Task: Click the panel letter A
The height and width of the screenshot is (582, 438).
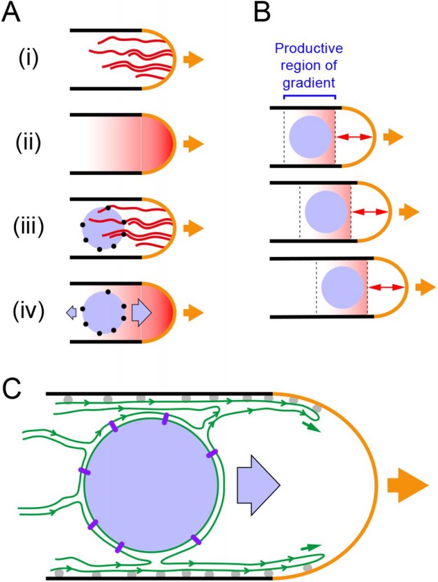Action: coord(12,13)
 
